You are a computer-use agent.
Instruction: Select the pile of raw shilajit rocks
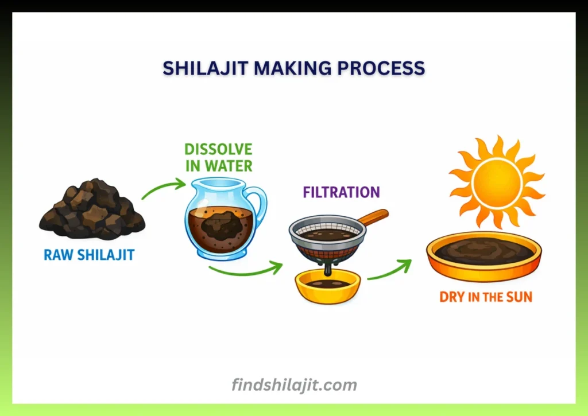[x=92, y=210]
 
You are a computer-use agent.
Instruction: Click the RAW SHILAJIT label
[x=89, y=255]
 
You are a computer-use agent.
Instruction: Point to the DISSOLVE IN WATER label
[x=218, y=158]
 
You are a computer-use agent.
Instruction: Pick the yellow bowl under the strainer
[x=327, y=286]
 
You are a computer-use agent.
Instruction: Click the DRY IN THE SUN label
[x=486, y=297]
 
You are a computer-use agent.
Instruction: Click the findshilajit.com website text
[x=294, y=384]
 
